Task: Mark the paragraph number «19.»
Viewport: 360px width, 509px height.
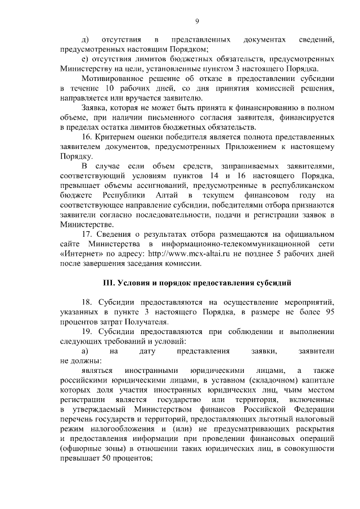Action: pyautogui.click(x=88, y=331)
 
